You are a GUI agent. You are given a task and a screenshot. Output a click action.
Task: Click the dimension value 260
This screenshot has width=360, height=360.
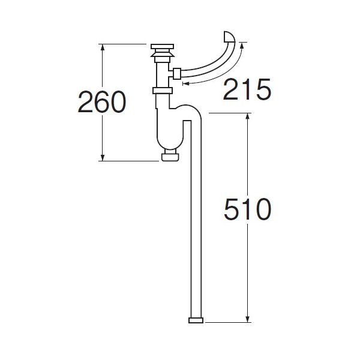click(x=101, y=103)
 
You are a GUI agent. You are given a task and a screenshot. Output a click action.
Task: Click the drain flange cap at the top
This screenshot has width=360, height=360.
click(x=162, y=47)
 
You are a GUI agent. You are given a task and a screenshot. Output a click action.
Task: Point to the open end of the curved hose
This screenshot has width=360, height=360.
click(x=230, y=37)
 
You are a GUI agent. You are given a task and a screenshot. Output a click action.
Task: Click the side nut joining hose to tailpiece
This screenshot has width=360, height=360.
click(x=177, y=74)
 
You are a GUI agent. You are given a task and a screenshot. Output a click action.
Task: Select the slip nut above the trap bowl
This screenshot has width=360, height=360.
click(x=163, y=91)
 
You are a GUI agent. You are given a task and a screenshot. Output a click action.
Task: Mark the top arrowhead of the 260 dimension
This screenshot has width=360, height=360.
click(x=102, y=47)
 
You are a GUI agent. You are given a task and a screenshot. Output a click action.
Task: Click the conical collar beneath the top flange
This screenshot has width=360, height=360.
click(x=162, y=58)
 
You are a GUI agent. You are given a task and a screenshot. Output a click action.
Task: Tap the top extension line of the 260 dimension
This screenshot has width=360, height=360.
click(x=123, y=44)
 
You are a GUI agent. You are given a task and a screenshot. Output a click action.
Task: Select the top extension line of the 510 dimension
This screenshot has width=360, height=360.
click(x=228, y=113)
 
